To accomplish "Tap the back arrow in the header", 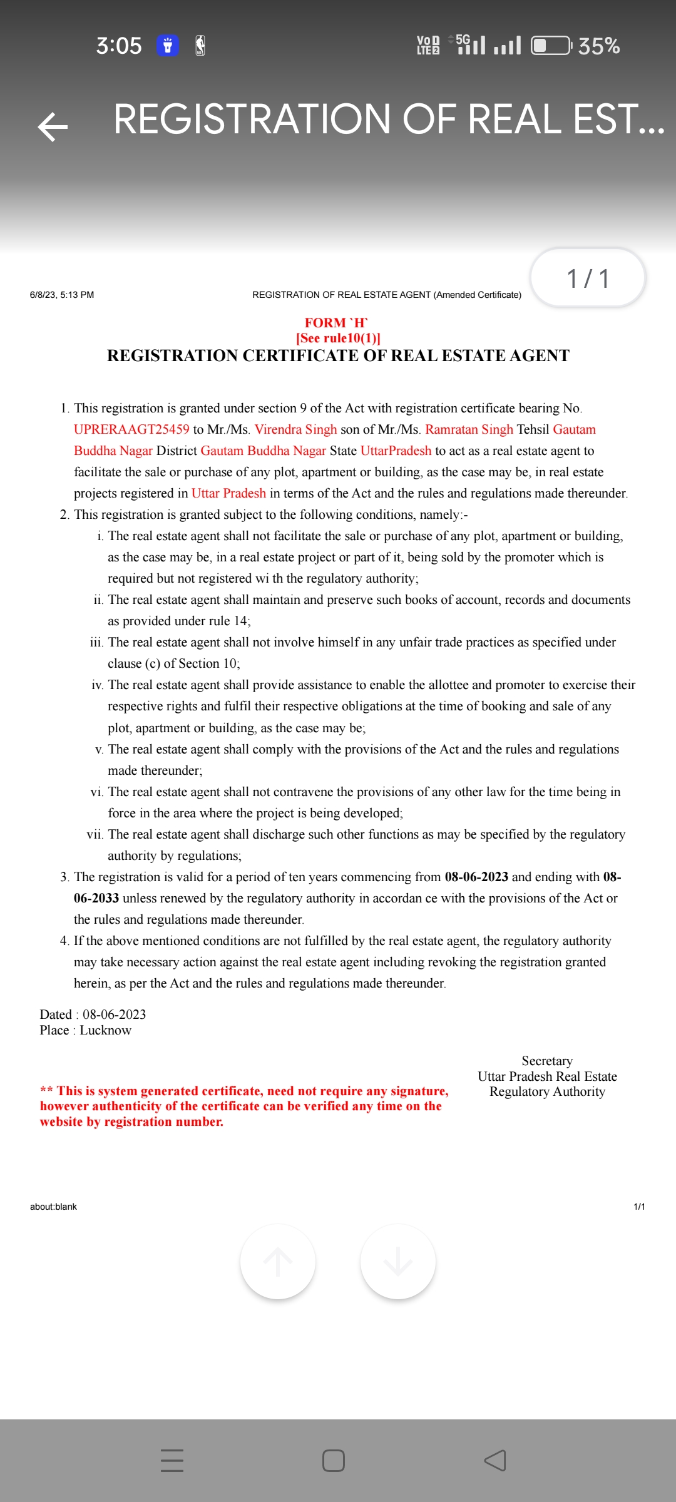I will (53, 127).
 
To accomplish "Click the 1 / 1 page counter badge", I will (588, 278).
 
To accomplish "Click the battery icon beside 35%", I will (550, 46).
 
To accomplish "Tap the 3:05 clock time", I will (118, 46).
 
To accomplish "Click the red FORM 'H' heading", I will (336, 323).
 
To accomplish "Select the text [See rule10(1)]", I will (338, 339).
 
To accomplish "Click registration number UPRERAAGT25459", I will (131, 429).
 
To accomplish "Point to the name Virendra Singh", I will (295, 429).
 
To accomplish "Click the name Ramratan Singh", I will (469, 429).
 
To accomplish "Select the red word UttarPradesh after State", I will (396, 451).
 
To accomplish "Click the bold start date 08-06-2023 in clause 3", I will (476, 877).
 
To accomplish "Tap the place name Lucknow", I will (105, 1030).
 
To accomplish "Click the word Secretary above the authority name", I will (547, 1061).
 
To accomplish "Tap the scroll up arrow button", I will (278, 1262).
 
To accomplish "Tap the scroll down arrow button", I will (398, 1262).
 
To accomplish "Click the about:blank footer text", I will (53, 1207).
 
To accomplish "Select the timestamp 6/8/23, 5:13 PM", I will (62, 295).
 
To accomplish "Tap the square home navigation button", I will (334, 1461).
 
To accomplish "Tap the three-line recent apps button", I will (172, 1461).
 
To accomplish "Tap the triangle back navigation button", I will (495, 1461).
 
